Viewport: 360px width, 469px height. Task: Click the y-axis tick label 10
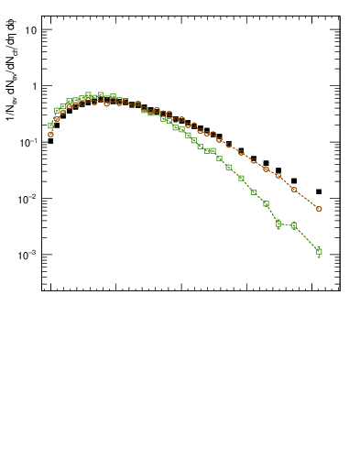pos(30,30)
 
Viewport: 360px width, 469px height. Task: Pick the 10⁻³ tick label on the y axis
pos(28,255)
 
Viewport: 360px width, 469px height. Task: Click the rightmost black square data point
pos(319,191)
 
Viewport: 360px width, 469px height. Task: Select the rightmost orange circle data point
pos(319,209)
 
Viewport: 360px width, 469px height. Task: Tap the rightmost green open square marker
pos(319,251)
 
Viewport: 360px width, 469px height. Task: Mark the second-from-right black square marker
pos(294,181)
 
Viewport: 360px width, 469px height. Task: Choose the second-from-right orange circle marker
pos(294,190)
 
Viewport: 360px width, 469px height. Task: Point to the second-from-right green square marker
pos(294,225)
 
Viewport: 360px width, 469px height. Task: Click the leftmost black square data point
pos(50,141)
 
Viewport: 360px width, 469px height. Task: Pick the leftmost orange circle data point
pos(50,134)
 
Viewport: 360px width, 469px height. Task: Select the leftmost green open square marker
pos(50,125)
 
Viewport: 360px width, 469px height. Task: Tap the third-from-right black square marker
pos(278,170)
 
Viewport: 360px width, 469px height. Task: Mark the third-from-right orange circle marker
pos(278,176)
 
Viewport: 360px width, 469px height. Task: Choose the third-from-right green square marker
pos(278,224)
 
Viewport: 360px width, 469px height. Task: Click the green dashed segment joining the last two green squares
pos(307,238)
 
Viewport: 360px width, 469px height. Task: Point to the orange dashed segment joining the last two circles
pos(307,200)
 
